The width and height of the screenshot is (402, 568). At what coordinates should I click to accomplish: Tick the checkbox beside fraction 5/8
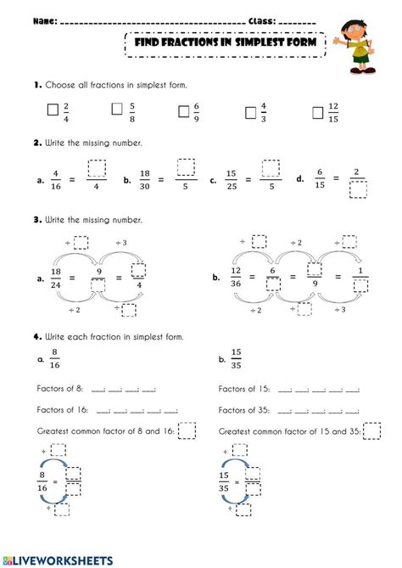[x=118, y=110]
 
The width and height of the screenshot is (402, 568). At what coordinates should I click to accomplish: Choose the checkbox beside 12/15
[x=318, y=110]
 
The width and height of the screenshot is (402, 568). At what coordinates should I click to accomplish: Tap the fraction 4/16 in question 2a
[x=53, y=180]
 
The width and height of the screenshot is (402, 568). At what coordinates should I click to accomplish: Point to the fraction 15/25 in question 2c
[x=230, y=180]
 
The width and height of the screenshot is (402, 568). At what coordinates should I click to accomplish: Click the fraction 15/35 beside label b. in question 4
[x=236, y=360]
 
